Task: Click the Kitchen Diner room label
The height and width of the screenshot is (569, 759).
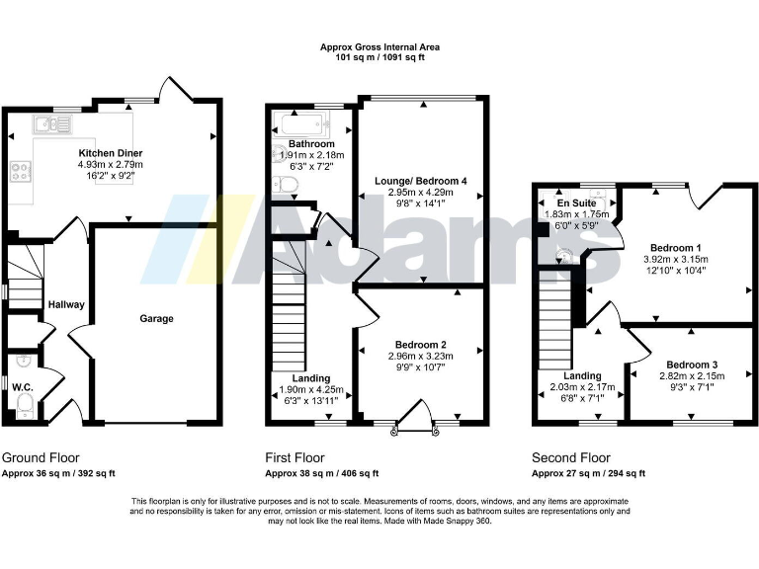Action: [x=111, y=153]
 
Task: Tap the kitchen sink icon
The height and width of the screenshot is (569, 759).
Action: [x=46, y=124]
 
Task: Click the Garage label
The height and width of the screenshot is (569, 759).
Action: [x=156, y=319]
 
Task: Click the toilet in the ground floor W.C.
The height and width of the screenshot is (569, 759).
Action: [x=24, y=410]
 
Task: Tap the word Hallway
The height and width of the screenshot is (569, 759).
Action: [x=66, y=305]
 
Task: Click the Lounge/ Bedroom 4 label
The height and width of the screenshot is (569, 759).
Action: [x=420, y=181]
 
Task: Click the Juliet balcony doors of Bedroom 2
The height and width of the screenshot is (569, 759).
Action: [x=416, y=420]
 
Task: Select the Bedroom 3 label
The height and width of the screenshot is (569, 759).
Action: [x=692, y=365]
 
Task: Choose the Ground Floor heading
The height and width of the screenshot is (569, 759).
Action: [x=41, y=458]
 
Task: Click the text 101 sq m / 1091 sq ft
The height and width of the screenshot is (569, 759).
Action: [x=380, y=57]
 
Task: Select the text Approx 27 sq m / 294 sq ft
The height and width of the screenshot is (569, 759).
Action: [x=589, y=474]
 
